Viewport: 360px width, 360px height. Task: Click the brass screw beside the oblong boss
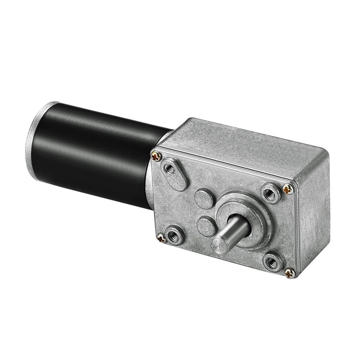click(x=156, y=156)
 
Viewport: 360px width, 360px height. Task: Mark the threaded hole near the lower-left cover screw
click(x=176, y=236)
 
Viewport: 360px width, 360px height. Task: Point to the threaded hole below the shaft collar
click(x=272, y=262)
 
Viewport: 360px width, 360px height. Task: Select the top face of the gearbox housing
click(x=245, y=144)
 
